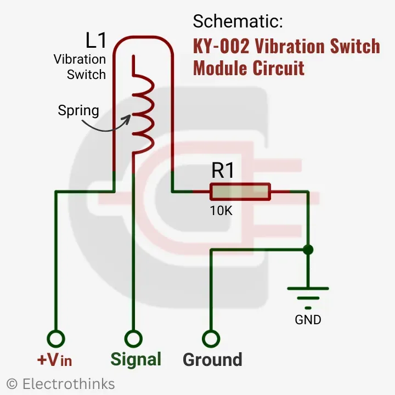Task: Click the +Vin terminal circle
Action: click(55, 338)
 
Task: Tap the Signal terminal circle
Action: click(132, 338)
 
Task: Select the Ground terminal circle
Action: click(211, 338)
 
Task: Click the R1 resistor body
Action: click(240, 192)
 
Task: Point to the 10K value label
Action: click(221, 210)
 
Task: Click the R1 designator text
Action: click(223, 171)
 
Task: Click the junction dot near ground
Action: click(308, 250)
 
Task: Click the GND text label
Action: click(308, 320)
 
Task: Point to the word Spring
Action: click(78, 111)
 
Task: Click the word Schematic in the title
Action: click(238, 22)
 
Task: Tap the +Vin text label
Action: click(54, 360)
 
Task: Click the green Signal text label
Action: click(136, 359)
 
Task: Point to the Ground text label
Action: click(212, 360)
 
